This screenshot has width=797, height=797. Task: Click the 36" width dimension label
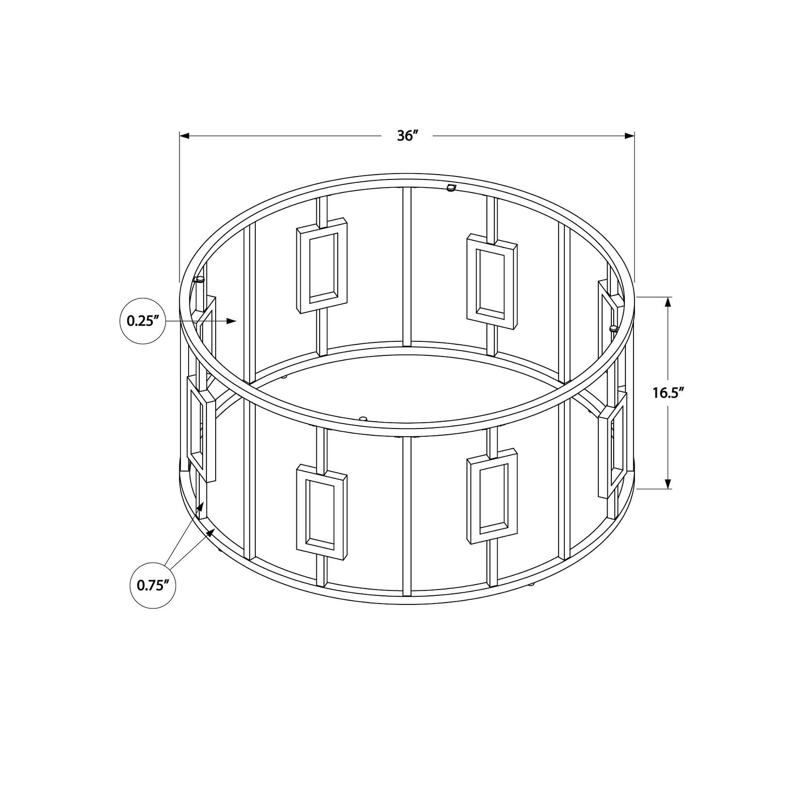click(407, 136)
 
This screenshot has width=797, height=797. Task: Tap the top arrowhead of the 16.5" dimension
click(668, 302)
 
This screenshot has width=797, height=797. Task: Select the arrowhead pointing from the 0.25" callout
click(232, 321)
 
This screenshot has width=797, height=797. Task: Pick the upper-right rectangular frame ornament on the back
click(492, 281)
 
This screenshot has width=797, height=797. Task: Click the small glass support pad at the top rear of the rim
click(452, 187)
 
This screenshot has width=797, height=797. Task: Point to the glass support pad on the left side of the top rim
click(199, 279)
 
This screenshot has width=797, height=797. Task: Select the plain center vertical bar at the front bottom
click(407, 515)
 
